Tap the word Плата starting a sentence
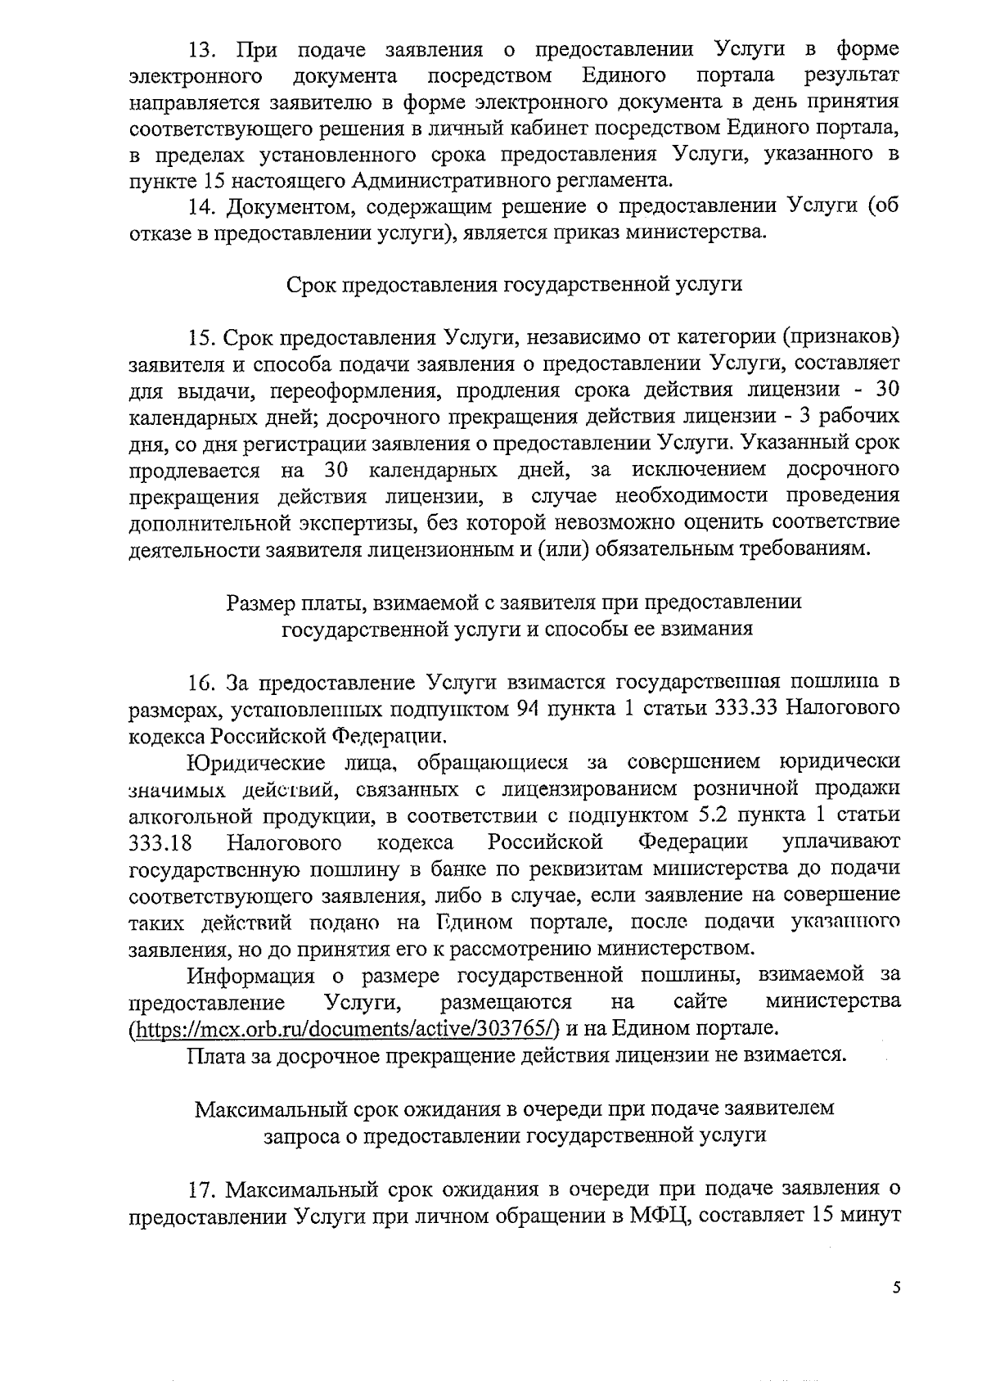(x=214, y=1055)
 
